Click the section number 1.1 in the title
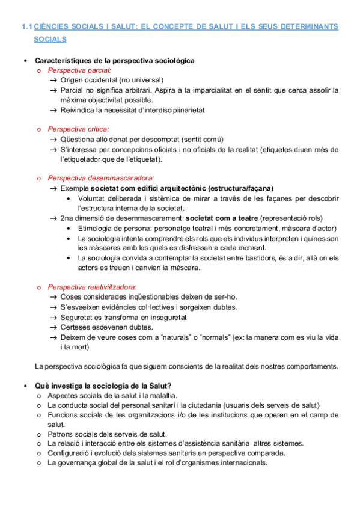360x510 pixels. coord(26,26)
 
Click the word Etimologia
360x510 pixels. coord(97,228)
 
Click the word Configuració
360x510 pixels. coord(70,453)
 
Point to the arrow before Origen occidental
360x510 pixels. coord(53,80)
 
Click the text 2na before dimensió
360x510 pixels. coord(67,218)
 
